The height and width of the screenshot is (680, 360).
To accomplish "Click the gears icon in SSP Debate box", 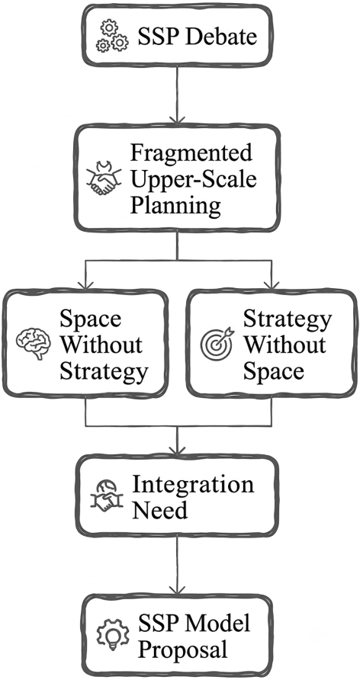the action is click(x=112, y=36).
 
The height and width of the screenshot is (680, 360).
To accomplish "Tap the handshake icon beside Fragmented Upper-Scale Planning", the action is click(x=104, y=178).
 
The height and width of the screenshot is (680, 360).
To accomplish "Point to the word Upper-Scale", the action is click(x=194, y=179).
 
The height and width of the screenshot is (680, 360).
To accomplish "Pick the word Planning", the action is click(x=175, y=206).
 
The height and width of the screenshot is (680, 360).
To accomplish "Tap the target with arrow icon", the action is click(x=217, y=344).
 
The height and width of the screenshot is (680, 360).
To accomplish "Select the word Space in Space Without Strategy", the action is click(x=90, y=319).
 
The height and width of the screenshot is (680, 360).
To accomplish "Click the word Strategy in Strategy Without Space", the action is click(x=287, y=320).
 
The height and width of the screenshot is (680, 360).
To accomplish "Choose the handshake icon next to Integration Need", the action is click(x=106, y=495).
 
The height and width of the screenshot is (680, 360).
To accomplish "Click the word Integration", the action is click(x=193, y=484).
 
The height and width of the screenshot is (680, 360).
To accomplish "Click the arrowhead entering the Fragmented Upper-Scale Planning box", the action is click(x=177, y=120).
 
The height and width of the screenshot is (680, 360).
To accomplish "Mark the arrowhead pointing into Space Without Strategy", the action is click(x=85, y=284).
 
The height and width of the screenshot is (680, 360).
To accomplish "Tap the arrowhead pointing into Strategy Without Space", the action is click(x=271, y=284).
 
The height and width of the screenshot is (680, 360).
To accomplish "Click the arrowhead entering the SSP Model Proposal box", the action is click(x=177, y=589).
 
